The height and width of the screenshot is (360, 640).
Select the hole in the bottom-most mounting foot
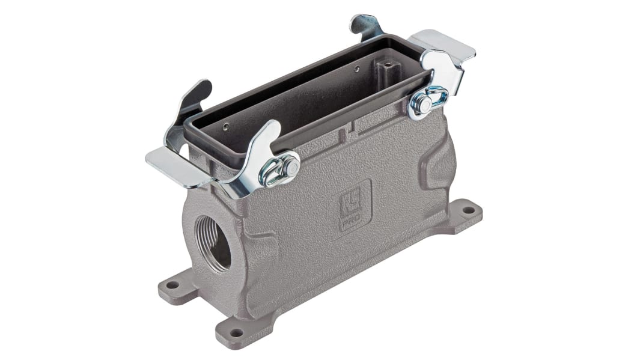click(x=236, y=332)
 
